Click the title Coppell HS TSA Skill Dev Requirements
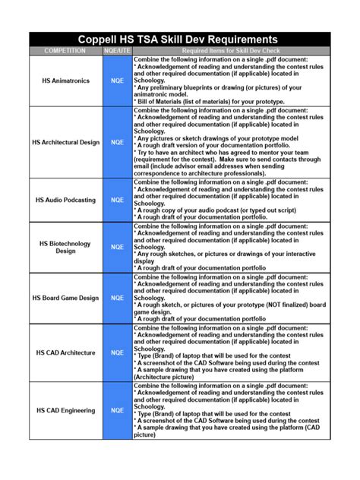coord(179,39)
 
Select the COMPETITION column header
coord(65,51)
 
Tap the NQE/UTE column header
coord(118,51)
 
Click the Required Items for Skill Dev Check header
coord(232,51)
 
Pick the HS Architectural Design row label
coord(65,142)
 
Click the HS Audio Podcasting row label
coord(65,200)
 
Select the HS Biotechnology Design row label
coord(65,247)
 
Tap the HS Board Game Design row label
coord(65,298)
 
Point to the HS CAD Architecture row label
coord(65,352)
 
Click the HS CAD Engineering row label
coord(65,410)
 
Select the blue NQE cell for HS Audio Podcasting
coord(118,200)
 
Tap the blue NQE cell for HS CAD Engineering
coord(118,410)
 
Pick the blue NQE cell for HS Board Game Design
coord(118,298)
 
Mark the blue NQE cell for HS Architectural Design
coord(118,142)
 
